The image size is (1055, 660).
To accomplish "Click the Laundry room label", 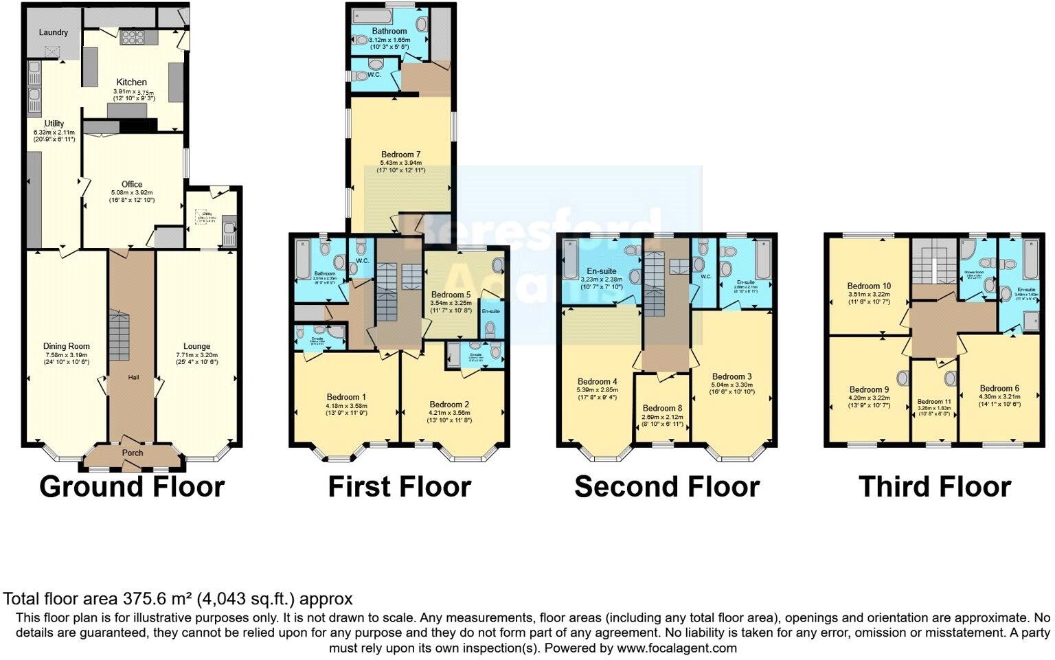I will (x=53, y=32).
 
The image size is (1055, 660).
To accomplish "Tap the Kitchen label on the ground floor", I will (x=131, y=82).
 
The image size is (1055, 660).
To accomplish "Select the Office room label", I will (x=132, y=184).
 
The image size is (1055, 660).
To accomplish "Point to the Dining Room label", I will (x=67, y=346).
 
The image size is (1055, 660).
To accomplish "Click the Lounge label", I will (x=197, y=346).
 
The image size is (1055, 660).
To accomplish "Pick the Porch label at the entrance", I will (x=133, y=453).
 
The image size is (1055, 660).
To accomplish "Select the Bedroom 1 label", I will (x=346, y=397).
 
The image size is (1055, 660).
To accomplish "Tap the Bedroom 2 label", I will (x=450, y=405).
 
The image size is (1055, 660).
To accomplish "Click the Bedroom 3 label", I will (x=732, y=376).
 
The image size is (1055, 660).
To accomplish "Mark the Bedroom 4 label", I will (x=598, y=382).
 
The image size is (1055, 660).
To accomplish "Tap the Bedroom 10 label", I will (x=869, y=286).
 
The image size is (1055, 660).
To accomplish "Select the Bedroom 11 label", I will (x=935, y=402).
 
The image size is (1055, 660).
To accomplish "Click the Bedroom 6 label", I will (x=999, y=388).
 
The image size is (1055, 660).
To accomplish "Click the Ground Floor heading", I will (x=132, y=486).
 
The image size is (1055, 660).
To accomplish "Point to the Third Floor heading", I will (x=935, y=486).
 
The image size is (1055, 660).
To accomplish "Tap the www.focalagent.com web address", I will (x=677, y=648).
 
